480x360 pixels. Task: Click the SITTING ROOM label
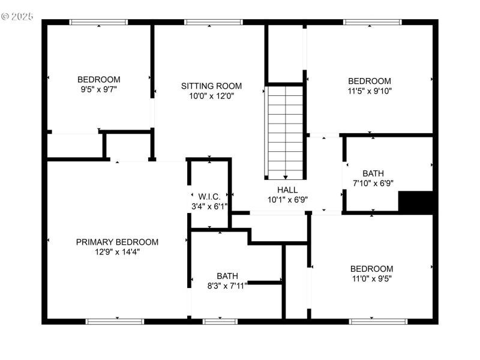coord(207,86)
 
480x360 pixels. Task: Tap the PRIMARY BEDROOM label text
coord(117,242)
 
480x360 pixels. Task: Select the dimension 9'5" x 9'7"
coord(98,89)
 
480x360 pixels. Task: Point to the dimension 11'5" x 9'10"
coord(370,91)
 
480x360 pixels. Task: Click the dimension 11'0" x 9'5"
coord(371,278)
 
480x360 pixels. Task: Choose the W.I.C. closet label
coord(209,197)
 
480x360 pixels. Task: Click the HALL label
coord(287,190)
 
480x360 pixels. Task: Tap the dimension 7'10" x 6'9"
coord(373,184)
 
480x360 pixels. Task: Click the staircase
coord(285,132)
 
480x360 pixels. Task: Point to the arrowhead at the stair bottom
coord(285,177)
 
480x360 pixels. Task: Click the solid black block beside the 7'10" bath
coord(416,202)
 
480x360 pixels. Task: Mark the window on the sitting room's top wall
coord(213,22)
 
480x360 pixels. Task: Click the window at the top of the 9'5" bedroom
coord(98,22)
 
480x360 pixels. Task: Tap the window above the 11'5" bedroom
coord(372,22)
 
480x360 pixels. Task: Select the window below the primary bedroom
coord(115,322)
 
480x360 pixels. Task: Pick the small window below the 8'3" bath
coord(220,322)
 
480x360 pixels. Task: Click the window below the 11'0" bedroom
coord(374,322)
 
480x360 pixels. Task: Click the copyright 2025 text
coord(18,16)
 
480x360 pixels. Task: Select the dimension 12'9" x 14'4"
coord(117,252)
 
